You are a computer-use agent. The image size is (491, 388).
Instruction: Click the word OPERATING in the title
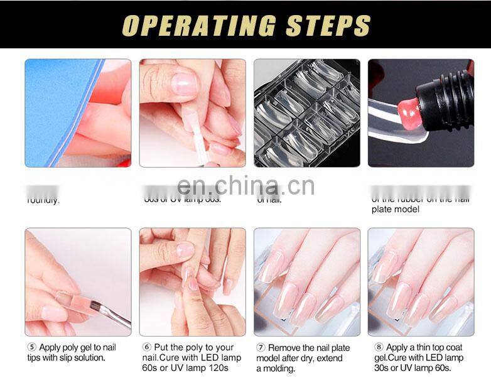click(x=200, y=25)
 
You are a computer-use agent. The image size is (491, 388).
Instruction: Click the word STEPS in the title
click(x=328, y=25)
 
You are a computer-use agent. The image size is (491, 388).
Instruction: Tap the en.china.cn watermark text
click(x=245, y=186)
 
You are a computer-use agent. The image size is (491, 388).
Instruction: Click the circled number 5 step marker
click(x=31, y=347)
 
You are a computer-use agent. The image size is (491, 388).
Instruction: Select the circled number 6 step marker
click(x=147, y=347)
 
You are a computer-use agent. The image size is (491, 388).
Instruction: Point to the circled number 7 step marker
click(x=261, y=347)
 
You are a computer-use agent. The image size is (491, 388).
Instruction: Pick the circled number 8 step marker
click(x=379, y=347)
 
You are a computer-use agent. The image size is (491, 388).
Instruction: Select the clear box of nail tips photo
click(x=306, y=113)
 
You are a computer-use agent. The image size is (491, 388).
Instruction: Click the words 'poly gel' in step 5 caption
click(x=82, y=347)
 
